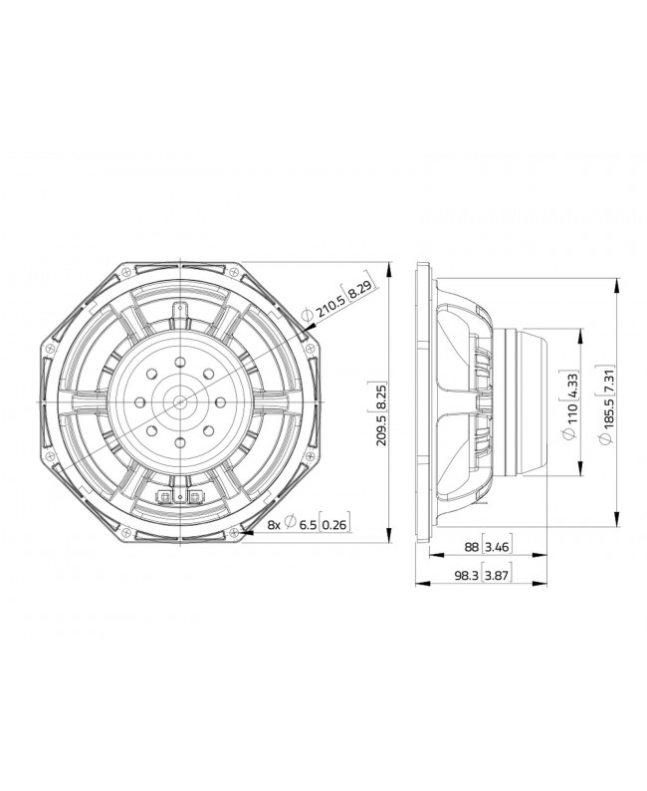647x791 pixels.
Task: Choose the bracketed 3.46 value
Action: click(x=497, y=548)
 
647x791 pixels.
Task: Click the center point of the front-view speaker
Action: click(x=180, y=400)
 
